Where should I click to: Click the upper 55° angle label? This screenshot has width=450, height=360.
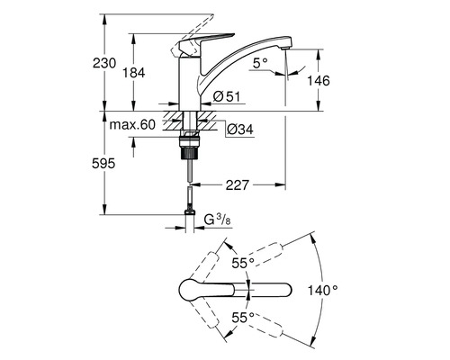click(x=241, y=263)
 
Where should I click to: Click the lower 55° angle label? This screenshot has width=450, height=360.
click(x=241, y=317)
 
